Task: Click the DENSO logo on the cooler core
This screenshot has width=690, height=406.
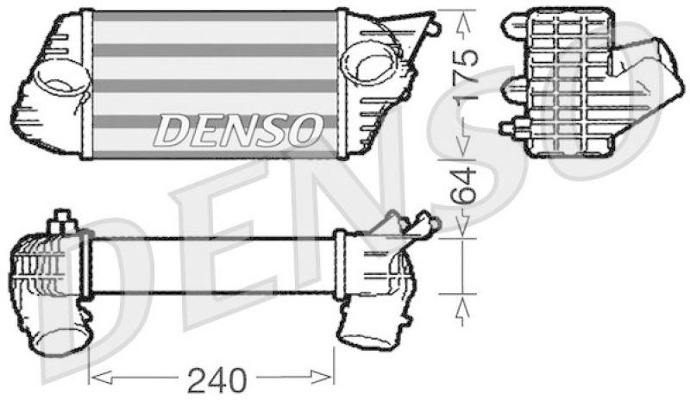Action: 238,131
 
